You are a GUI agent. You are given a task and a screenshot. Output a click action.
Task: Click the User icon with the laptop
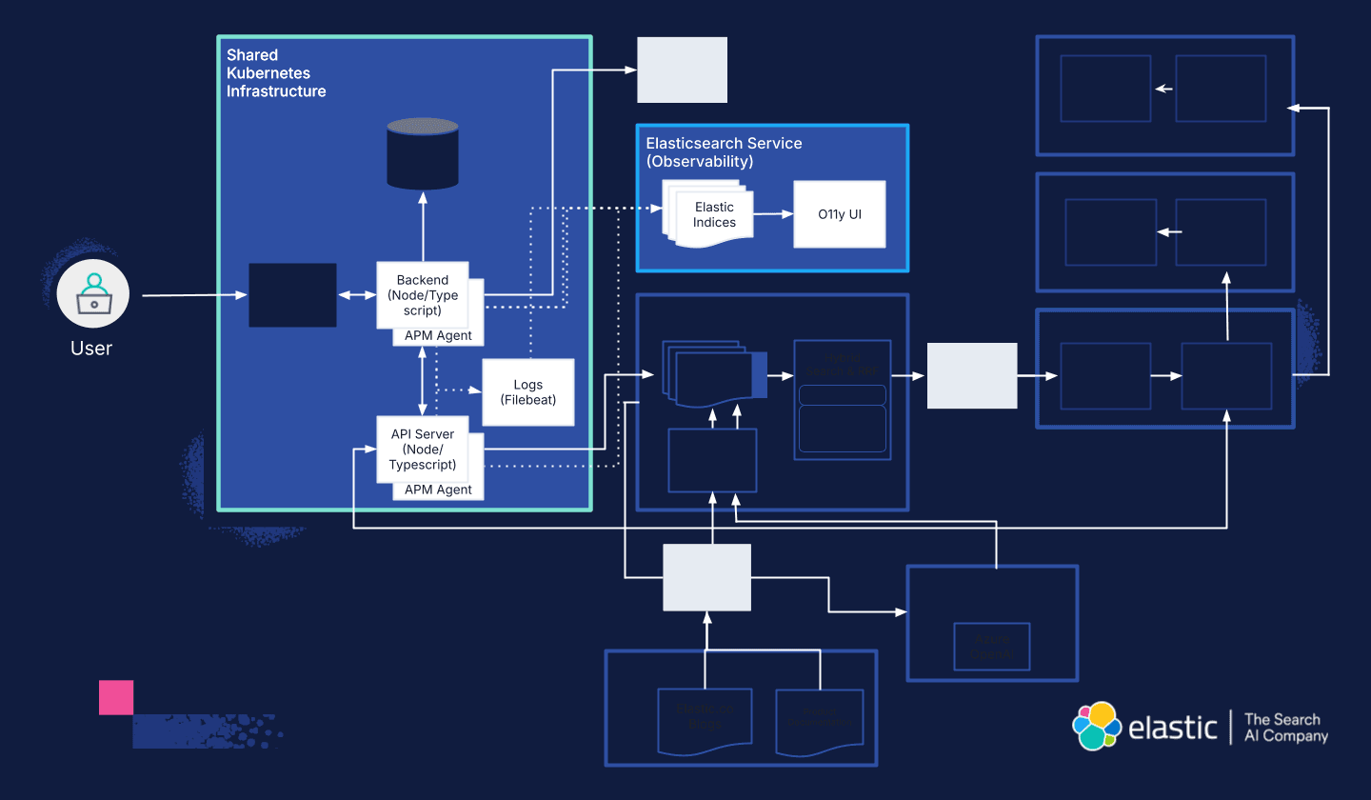coord(92,294)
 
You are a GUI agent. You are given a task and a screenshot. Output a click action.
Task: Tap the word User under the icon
coord(91,349)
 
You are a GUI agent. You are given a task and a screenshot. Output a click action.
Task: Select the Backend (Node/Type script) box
coord(422,294)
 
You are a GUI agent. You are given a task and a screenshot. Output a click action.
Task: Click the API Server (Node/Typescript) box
coord(422,449)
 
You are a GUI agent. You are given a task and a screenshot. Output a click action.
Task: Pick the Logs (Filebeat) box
coord(527,392)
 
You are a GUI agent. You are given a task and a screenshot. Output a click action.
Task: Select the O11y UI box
coord(839,214)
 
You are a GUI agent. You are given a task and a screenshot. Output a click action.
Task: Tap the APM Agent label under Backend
coord(438,336)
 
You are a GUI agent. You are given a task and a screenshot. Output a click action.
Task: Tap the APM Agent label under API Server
coord(438,490)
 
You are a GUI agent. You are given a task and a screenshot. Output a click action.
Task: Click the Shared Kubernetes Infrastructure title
coord(276,73)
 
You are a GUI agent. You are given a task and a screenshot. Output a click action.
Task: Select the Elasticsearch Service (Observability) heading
coord(724,151)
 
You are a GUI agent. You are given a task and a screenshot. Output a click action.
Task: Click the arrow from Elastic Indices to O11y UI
coord(773,214)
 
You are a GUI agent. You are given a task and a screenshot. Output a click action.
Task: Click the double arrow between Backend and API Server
coord(422,380)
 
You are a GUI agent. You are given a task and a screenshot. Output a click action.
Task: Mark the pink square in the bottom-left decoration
coord(116,697)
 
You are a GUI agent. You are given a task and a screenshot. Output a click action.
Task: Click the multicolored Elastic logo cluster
coord(1096,727)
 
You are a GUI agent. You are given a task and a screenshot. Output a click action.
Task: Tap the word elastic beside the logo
coord(1173,729)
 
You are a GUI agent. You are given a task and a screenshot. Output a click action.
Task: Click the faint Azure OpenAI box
coord(991,645)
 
